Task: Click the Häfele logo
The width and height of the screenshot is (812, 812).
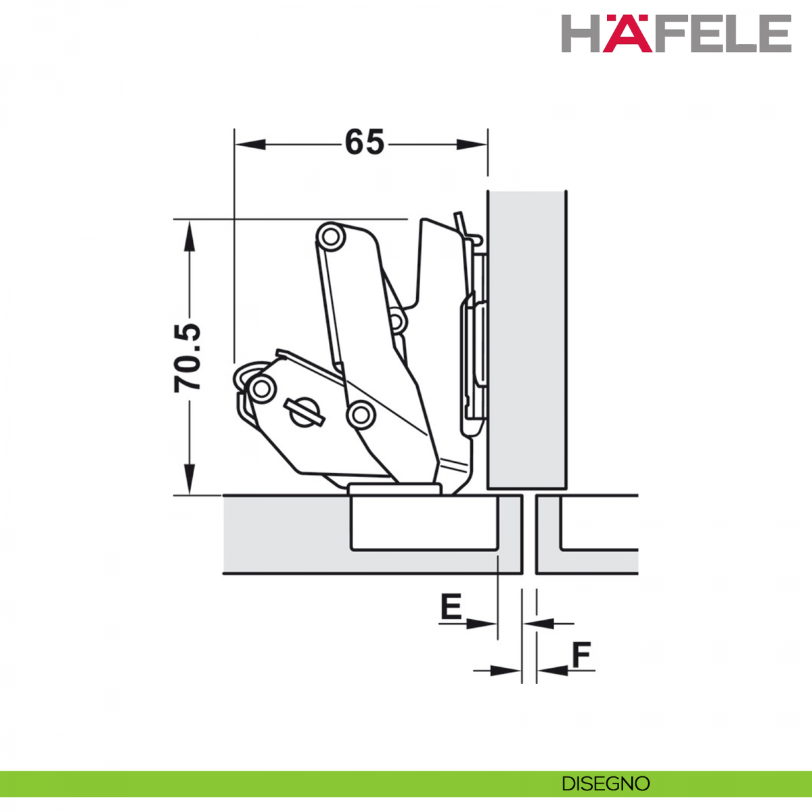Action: click(x=676, y=34)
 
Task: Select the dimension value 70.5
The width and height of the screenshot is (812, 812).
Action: click(x=187, y=358)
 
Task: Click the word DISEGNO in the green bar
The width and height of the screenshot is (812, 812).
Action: click(x=606, y=784)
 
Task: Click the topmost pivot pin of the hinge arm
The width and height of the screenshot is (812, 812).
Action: click(x=331, y=237)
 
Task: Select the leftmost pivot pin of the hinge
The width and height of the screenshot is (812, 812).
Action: click(x=262, y=388)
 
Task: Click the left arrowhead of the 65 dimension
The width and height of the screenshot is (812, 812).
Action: click(x=251, y=145)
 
